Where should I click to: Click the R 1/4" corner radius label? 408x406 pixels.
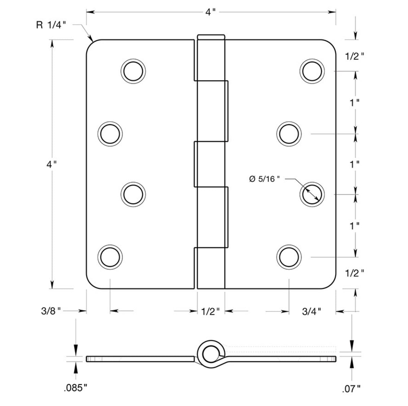click(50, 25)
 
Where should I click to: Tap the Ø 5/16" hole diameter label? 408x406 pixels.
click(264, 179)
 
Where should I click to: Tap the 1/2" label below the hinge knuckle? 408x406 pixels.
click(210, 311)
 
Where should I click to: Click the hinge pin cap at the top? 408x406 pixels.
click(211, 37)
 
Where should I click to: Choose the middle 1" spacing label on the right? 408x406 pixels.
click(355, 164)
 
